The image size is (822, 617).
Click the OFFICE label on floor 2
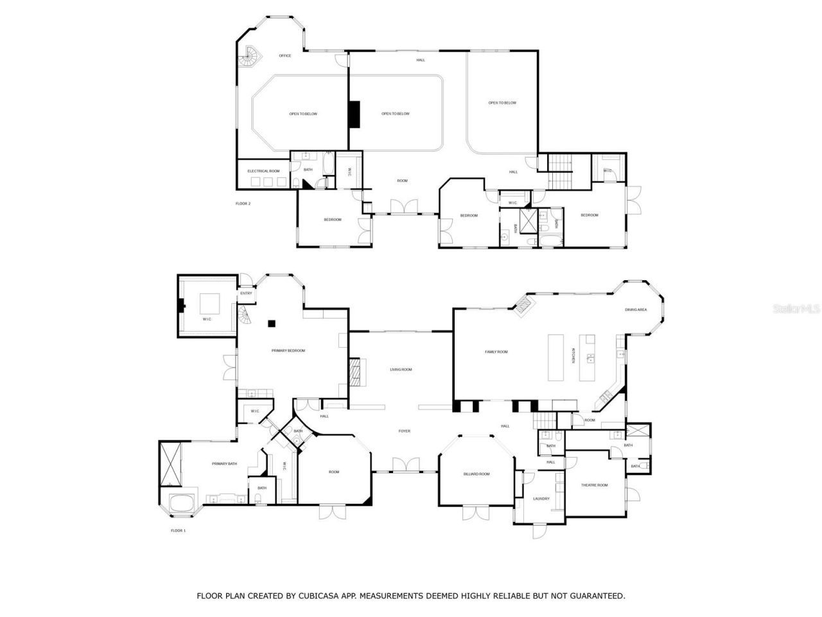(285, 56)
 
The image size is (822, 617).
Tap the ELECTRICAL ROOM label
(263, 171)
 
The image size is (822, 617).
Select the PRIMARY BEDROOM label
(288, 350)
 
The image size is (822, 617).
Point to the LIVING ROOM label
(401, 370)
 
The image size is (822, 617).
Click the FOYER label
(404, 431)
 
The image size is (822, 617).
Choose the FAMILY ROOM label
(496, 352)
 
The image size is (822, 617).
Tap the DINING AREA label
(636, 310)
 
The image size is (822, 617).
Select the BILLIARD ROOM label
(477, 474)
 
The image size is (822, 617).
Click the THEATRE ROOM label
(594, 485)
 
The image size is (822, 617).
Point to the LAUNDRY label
(541, 499)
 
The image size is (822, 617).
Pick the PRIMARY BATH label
(224, 463)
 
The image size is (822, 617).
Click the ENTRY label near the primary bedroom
(246, 294)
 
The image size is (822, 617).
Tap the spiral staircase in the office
(249, 57)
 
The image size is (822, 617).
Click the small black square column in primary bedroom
(272, 323)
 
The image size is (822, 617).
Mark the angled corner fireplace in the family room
(524, 304)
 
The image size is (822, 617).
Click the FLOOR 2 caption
(243, 203)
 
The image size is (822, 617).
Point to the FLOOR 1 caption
(178, 530)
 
